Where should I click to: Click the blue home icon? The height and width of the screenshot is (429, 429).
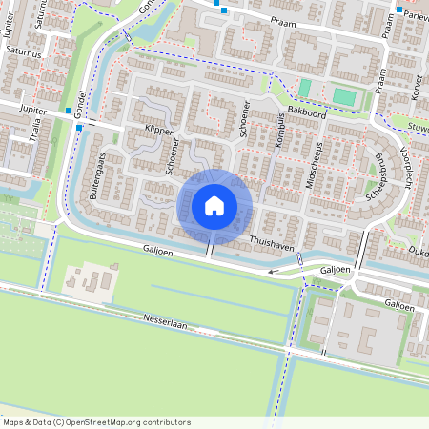pos(214,205)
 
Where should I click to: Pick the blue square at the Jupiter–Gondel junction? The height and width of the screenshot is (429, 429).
pos(79,126)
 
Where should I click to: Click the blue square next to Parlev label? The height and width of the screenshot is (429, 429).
pos(398,10)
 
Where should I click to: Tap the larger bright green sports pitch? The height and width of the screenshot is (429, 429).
pos(343,96)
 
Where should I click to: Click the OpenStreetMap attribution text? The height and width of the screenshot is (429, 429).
pos(96,421)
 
